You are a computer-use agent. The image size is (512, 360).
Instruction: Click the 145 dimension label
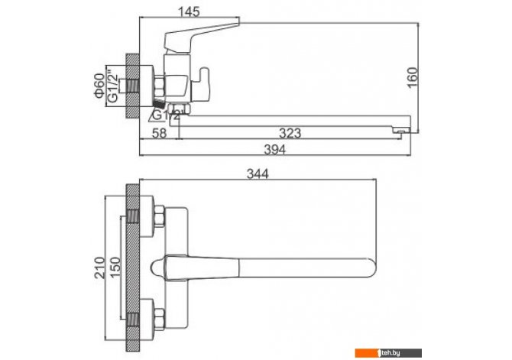coord(189,12)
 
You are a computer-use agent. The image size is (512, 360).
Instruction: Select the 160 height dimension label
coord(413,77)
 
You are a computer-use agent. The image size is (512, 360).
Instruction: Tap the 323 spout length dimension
coord(290,133)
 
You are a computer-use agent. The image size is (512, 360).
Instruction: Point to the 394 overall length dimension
coord(274,150)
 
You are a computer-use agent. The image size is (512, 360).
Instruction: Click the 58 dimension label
coord(160,133)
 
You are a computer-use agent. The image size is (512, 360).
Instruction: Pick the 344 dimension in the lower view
coord(258,174)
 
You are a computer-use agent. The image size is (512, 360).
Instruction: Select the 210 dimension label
coord(100,268)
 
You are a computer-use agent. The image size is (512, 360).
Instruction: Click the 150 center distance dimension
coord(115,268)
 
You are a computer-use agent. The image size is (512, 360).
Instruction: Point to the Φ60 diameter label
coord(99,86)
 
